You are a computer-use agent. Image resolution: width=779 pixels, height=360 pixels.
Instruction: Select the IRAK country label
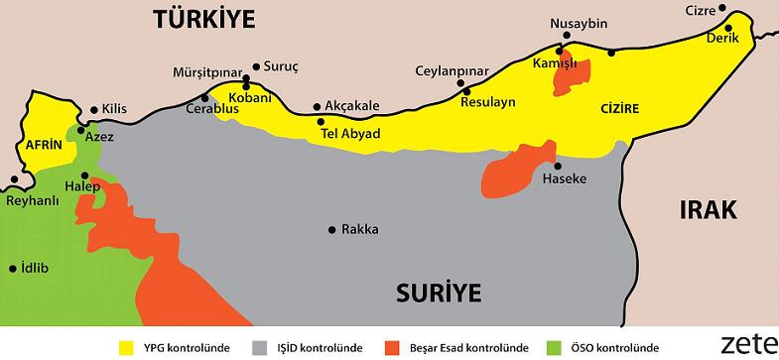pos(710,209)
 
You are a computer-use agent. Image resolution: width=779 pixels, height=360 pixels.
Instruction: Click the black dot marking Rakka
pos(331,229)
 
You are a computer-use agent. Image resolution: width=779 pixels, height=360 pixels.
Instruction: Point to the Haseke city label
pos(565,180)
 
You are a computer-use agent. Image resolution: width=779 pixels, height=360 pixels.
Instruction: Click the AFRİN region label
pos(44,145)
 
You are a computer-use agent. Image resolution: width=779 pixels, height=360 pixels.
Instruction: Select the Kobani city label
pos(250,98)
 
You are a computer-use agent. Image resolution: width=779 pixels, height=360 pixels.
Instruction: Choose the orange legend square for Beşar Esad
pos(394,347)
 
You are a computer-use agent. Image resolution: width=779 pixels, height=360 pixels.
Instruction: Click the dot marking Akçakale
pos(317,107)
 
